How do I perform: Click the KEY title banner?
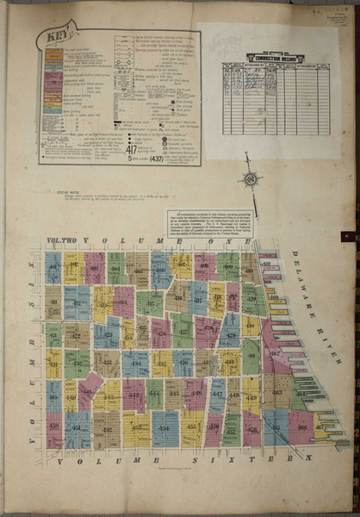coord(53,38)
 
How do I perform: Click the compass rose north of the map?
coord(251,179)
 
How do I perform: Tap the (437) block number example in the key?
coord(156,159)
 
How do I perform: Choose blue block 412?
coord(76,302)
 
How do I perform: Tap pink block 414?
coord(123,302)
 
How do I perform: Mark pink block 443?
coord(133,396)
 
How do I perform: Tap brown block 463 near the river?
coord(276,392)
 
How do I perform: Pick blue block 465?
coord(276,427)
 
